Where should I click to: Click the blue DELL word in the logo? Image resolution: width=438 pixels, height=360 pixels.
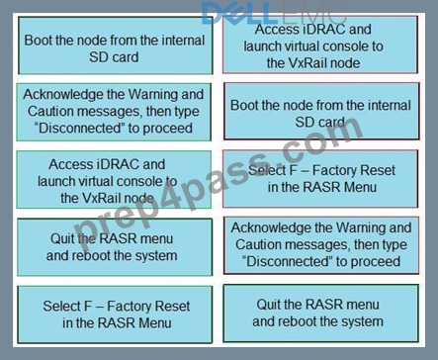click(237, 13)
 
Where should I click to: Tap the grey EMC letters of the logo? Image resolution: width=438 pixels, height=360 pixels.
click(310, 13)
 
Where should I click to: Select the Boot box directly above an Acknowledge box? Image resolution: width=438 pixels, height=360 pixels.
click(116, 45)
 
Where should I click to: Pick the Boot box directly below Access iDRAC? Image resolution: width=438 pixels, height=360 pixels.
click(321, 111)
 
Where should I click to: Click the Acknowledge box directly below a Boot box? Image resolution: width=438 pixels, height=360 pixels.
click(114, 112)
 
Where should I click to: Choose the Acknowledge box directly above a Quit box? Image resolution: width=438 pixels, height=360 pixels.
click(321, 245)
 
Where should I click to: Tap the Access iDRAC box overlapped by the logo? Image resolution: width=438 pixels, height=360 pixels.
click(320, 45)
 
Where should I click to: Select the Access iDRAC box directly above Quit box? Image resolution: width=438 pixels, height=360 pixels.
click(114, 180)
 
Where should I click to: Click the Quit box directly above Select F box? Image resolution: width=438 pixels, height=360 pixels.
click(115, 247)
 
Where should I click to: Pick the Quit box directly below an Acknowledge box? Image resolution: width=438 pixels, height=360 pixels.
click(321, 314)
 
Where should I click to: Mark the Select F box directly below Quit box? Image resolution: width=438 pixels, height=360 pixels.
click(115, 315)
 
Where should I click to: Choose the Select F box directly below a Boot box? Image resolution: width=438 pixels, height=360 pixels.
click(320, 179)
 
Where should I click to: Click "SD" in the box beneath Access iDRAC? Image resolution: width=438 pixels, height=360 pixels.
click(304, 123)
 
